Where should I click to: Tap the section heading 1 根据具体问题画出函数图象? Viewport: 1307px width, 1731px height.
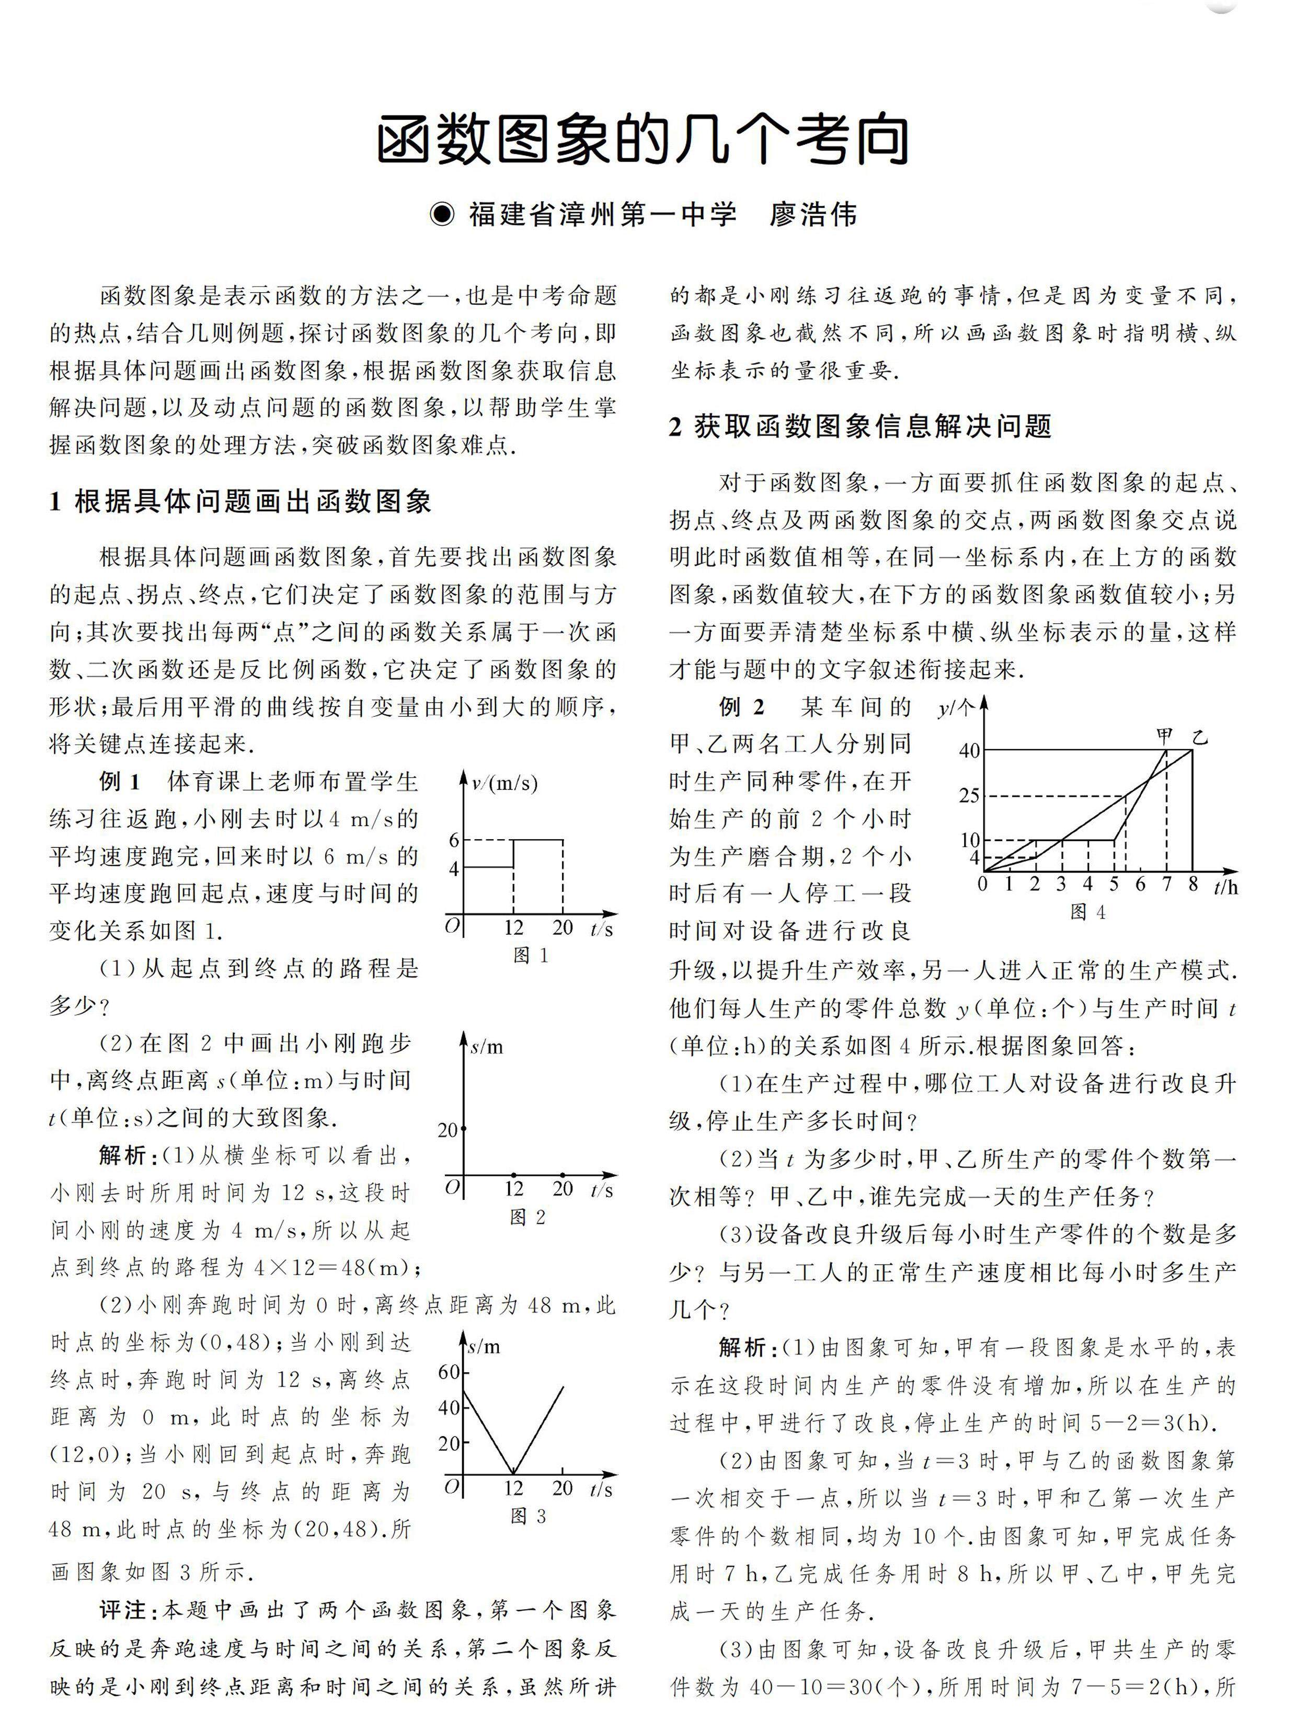click(240, 501)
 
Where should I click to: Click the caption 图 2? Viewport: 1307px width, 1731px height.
click(528, 1217)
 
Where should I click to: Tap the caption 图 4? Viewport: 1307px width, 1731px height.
click(1088, 912)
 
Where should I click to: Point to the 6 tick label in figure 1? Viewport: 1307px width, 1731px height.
click(454, 840)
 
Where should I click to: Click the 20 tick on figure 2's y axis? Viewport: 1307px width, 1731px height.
click(448, 1130)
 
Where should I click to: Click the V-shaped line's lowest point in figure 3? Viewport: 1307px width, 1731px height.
click(513, 1474)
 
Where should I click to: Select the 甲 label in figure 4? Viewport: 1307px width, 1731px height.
click(1165, 734)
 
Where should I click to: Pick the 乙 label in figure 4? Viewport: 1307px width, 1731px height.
click(1200, 737)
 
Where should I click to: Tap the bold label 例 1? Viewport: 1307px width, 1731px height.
click(120, 781)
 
